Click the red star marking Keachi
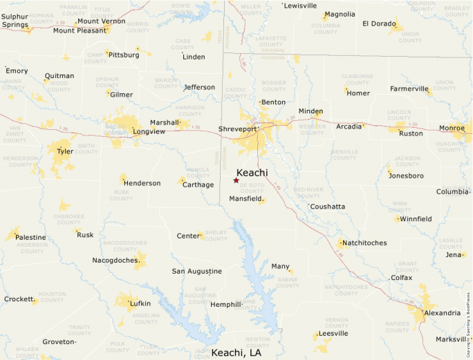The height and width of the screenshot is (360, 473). (236, 180)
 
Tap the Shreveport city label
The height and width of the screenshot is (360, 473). (237, 129)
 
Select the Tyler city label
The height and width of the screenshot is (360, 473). (65, 151)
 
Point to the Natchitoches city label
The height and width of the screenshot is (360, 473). (365, 243)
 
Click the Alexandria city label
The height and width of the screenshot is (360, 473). (442, 313)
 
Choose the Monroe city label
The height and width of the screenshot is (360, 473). (452, 128)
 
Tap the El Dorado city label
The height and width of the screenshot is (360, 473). (379, 23)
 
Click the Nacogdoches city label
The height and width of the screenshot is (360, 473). (115, 260)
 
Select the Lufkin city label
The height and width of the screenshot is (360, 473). (140, 303)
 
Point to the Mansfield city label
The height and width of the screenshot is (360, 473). (245, 199)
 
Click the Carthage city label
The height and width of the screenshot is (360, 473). (197, 184)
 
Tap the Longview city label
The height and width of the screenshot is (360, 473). (149, 131)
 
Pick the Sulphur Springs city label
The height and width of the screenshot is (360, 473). (15, 20)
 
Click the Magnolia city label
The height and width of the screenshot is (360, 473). (340, 14)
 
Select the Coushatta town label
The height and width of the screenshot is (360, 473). (328, 207)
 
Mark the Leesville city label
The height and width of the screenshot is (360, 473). (333, 333)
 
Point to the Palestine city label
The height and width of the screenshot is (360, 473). (31, 237)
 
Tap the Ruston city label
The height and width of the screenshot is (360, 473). (411, 133)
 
